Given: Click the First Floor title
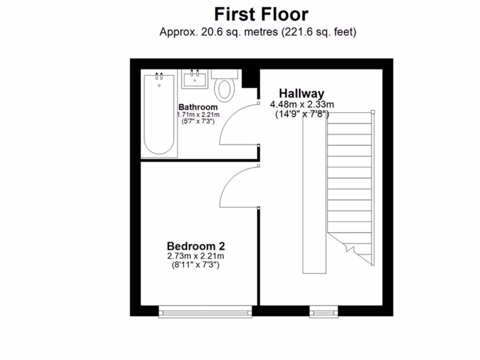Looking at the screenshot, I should point(261,14).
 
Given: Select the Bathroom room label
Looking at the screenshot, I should point(198,107).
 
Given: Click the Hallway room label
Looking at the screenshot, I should point(301,93).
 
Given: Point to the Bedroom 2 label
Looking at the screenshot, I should point(196,246).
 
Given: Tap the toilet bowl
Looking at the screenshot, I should point(225,89).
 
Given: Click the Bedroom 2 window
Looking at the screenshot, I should point(205,311).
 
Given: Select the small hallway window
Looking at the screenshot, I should point(323,311).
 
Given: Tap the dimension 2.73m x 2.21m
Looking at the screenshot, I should point(196,256).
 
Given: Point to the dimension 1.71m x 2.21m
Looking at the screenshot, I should point(198,114).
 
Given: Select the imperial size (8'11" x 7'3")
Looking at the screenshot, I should point(196,265).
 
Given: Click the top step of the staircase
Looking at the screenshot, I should point(350,118).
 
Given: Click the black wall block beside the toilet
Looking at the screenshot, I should point(250,78).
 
